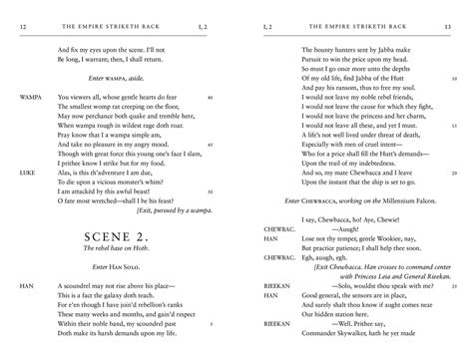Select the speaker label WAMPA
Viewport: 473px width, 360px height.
coord(30,97)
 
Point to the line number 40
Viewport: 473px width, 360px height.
coord(208,97)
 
